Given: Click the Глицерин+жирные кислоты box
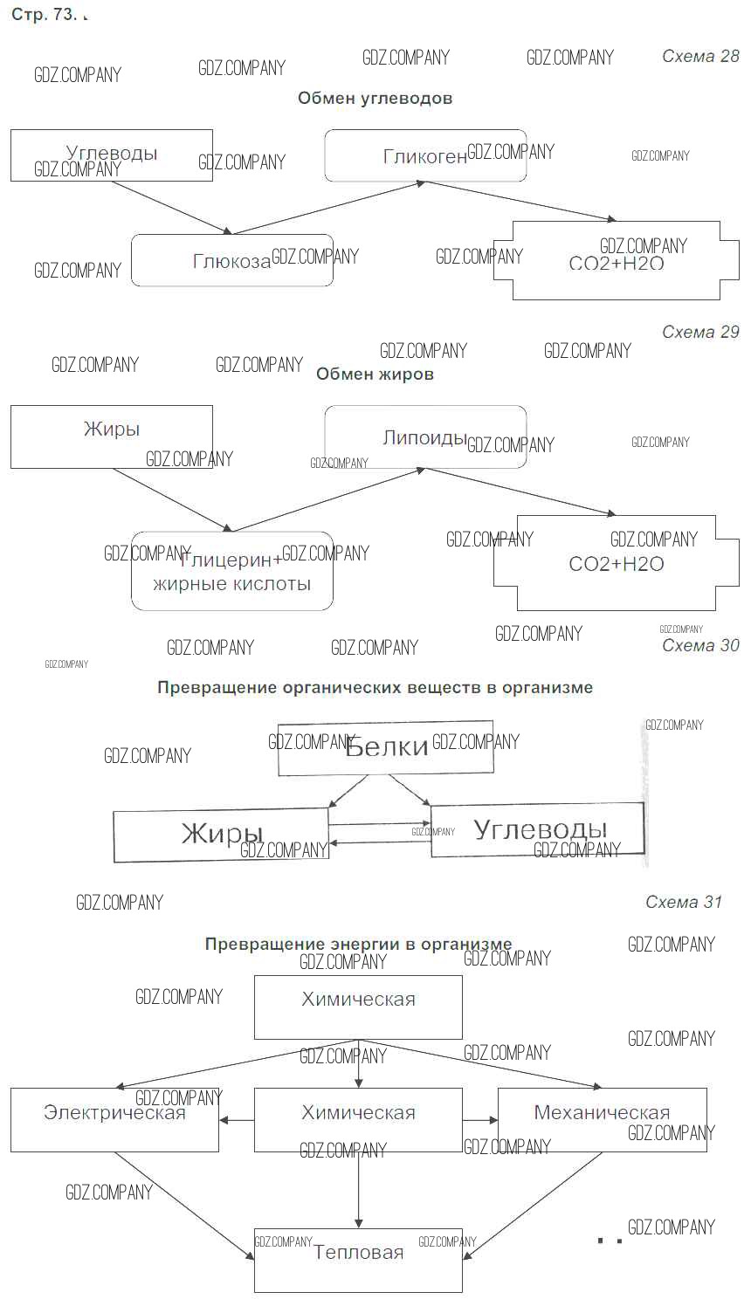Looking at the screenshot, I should tap(232, 571).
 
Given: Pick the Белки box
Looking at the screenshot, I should tap(386, 748).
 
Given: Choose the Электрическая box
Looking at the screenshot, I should tap(114, 1119).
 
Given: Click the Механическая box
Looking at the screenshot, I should tap(602, 1119).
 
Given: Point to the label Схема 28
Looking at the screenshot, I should tap(700, 57).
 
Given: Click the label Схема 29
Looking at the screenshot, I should tap(700, 333).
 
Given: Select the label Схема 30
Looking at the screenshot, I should tap(700, 646).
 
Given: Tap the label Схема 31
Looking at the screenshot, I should tap(684, 903).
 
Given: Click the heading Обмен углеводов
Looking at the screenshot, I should tap(375, 99).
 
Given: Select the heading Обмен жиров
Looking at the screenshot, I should tap(375, 375).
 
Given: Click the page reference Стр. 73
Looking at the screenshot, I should tap(44, 16).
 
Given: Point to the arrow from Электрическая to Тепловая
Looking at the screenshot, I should tap(183, 1205).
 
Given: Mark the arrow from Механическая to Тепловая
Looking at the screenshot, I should tap(533, 1205).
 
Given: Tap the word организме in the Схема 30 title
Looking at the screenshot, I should tap(547, 688).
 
